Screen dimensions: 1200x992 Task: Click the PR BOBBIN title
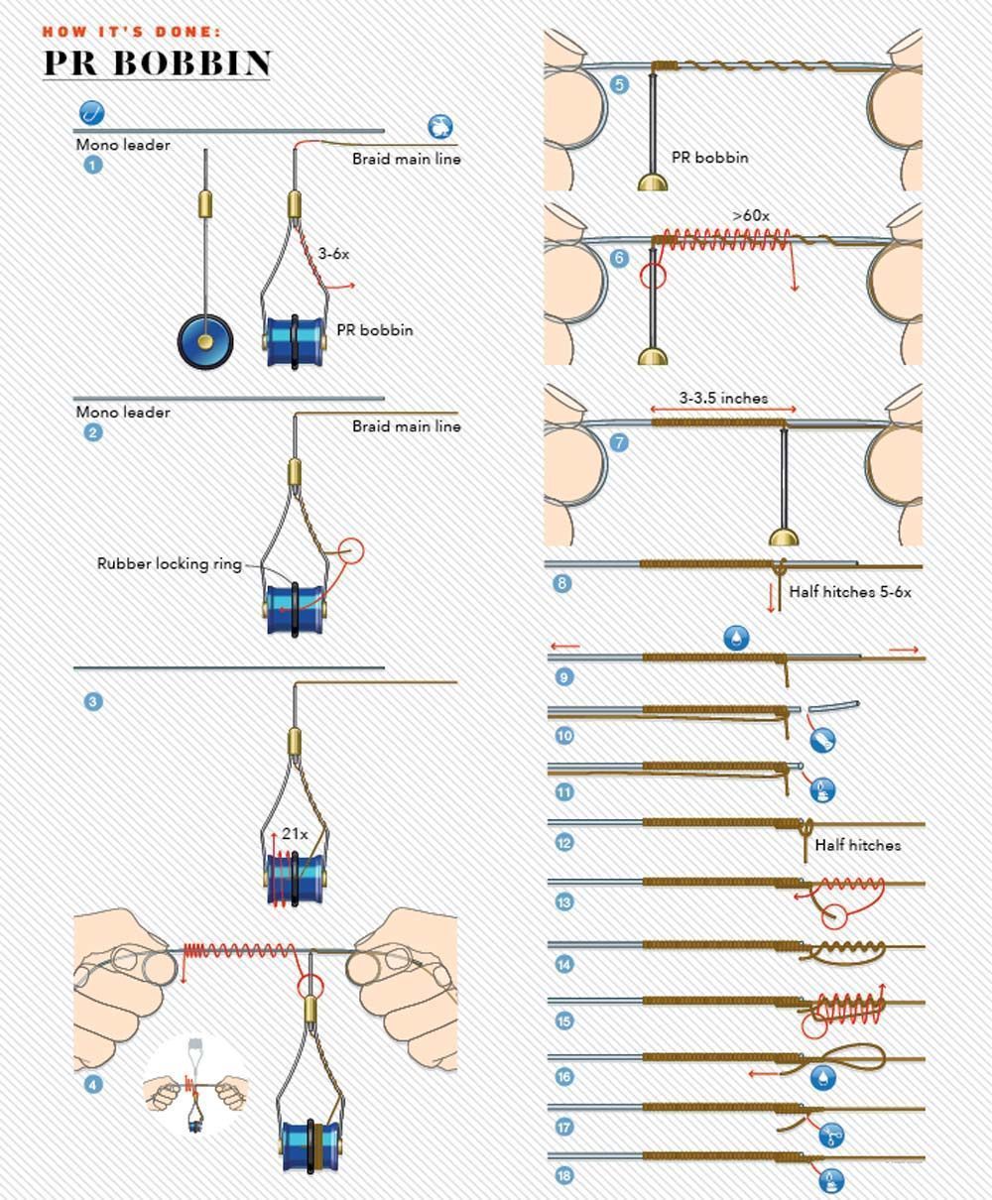pyautogui.click(x=157, y=62)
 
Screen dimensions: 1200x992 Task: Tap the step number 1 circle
pyautogui.click(x=93, y=165)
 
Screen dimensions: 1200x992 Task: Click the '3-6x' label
pyautogui.click(x=333, y=254)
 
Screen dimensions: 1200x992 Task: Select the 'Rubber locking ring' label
pyautogui.click(x=170, y=563)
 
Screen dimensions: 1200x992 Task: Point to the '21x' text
pyautogui.click(x=295, y=834)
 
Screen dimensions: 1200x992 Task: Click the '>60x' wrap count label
pyautogui.click(x=751, y=214)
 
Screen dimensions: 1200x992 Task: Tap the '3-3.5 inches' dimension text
pyautogui.click(x=723, y=398)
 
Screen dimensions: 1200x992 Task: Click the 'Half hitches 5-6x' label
pyautogui.click(x=850, y=592)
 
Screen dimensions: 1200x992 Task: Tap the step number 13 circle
pyautogui.click(x=564, y=901)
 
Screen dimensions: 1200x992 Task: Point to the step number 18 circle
pyautogui.click(x=564, y=1176)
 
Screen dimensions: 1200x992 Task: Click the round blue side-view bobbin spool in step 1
pyautogui.click(x=205, y=341)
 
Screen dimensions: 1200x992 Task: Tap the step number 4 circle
pyautogui.click(x=93, y=1084)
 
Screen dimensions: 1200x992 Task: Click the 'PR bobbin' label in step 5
pyautogui.click(x=709, y=157)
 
